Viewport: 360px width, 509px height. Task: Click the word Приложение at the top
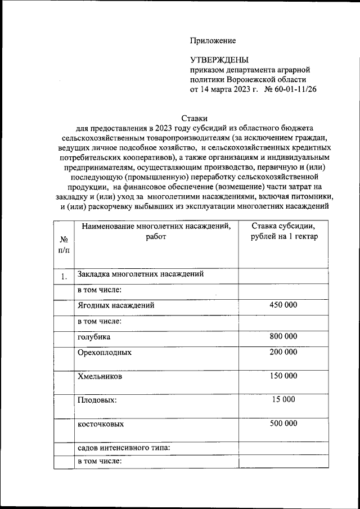click(213, 40)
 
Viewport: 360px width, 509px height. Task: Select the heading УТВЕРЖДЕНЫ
click(219, 60)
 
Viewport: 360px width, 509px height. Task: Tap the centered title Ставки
click(195, 118)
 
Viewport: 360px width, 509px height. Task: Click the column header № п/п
click(64, 244)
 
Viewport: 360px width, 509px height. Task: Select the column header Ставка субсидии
click(283, 231)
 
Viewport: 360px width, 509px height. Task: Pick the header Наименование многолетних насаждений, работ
click(156, 232)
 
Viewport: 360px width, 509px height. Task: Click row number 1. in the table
click(64, 276)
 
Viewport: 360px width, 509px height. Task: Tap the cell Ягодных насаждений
click(116, 305)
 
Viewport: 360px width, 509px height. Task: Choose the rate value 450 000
click(283, 305)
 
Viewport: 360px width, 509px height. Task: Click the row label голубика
click(94, 337)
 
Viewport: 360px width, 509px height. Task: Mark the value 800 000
click(283, 336)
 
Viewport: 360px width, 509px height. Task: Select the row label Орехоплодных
click(105, 353)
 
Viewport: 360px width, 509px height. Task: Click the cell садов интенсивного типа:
click(124, 448)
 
